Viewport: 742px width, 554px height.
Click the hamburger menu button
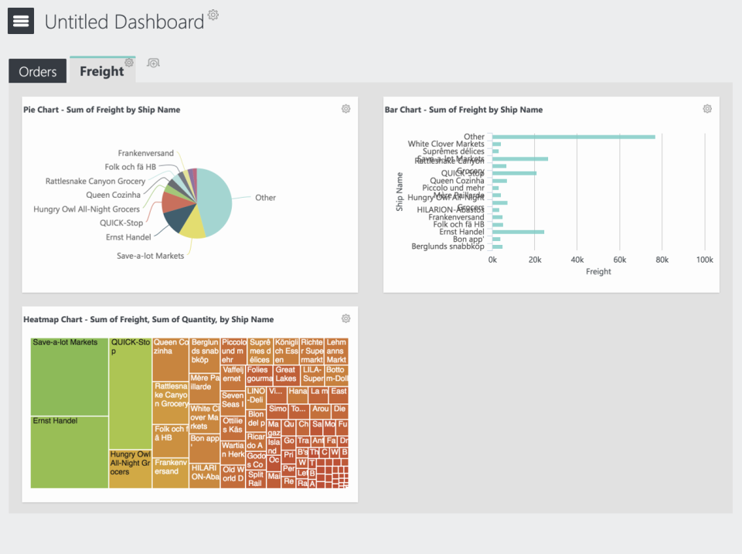21,22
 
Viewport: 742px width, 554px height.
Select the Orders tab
38,72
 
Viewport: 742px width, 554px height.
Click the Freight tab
101,71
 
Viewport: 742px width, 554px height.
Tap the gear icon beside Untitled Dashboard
213,15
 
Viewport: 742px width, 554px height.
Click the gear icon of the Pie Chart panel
345,109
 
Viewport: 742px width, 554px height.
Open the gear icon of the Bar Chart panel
706,109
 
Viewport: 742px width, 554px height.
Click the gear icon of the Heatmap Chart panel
345,318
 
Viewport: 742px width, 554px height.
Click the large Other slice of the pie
216,197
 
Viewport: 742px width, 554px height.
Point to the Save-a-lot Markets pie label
151,255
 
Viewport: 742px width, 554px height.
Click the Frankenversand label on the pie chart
146,153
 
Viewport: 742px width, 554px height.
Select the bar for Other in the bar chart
573,137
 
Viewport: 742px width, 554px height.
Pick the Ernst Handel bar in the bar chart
518,232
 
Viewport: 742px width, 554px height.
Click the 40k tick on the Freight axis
577,260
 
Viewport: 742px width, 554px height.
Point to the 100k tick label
703,260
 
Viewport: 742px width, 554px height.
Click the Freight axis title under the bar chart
598,271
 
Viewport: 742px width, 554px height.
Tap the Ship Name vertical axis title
400,192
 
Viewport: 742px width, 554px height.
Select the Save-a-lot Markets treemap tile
70,377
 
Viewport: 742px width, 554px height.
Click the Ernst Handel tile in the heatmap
70,452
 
